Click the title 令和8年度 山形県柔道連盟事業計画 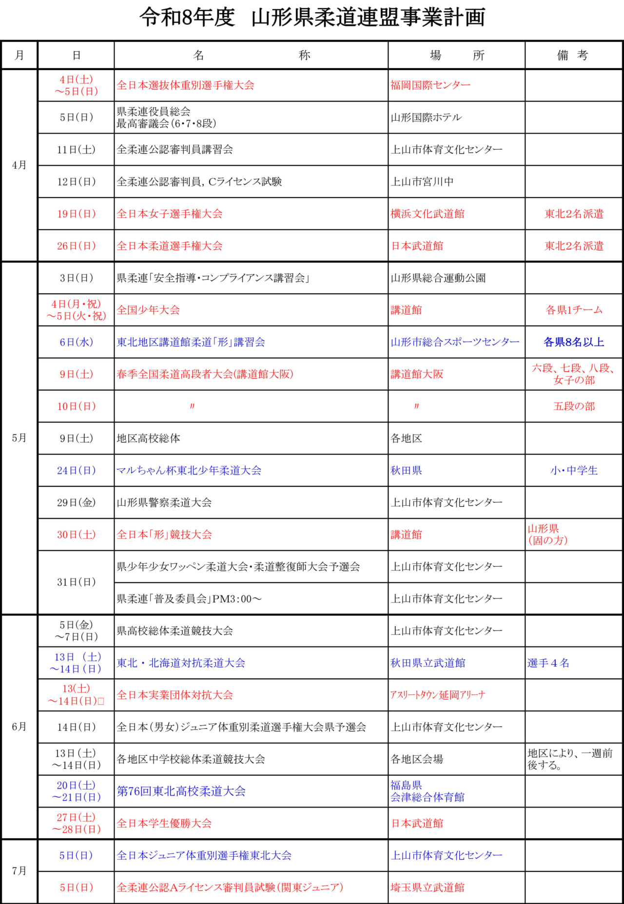pyautogui.click(x=312, y=18)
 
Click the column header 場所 pyautogui.click(x=456, y=55)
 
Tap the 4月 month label pyautogui.click(x=19, y=165)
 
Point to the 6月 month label pyautogui.click(x=19, y=727)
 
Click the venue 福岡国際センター pyautogui.click(x=430, y=85)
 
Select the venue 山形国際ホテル pyautogui.click(x=426, y=117)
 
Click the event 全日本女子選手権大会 pyautogui.click(x=169, y=214)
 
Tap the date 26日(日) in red pyautogui.click(x=76, y=246)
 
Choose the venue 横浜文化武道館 pyautogui.click(x=427, y=214)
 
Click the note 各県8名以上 pyautogui.click(x=573, y=342)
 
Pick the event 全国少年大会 pyautogui.click(x=148, y=310)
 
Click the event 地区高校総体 pyautogui.click(x=148, y=439)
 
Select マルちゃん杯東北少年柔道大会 pyautogui.click(x=189, y=471)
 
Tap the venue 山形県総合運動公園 pyautogui.click(x=438, y=278)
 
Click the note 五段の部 pyautogui.click(x=574, y=406)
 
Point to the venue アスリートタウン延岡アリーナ pyautogui.click(x=437, y=695)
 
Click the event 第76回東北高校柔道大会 pyautogui.click(x=181, y=791)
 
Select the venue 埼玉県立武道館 pyautogui.click(x=427, y=887)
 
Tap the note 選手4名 pyautogui.click(x=548, y=663)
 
